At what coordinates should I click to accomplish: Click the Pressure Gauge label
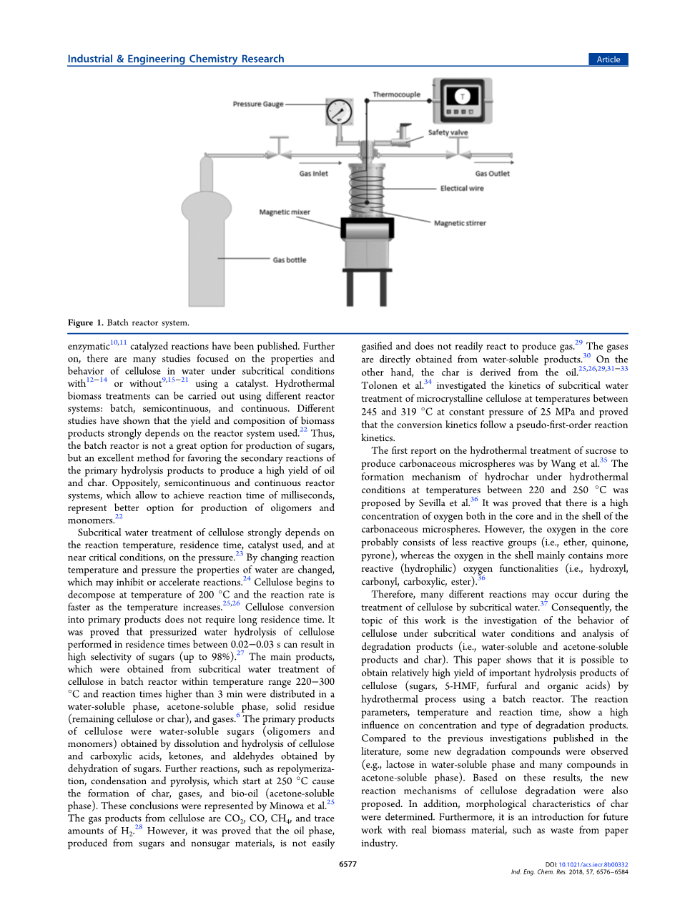coord(258,104)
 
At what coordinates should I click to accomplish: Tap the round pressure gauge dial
coord(340,112)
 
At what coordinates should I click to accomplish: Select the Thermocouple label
coord(396,94)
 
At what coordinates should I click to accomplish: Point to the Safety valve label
coord(448,133)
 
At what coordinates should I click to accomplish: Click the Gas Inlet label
coord(314,174)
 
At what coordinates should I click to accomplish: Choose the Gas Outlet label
coord(493,174)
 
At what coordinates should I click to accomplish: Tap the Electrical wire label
coord(462,189)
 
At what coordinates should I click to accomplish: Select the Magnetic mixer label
coord(285,212)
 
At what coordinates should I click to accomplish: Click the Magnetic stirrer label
coord(460,223)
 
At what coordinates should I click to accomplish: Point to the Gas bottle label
coord(290,260)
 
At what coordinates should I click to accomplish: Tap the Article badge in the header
coord(608,59)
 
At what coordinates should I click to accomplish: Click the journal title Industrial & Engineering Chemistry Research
coord(176,59)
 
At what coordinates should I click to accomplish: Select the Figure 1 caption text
coord(129,322)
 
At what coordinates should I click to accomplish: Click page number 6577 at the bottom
coord(347,864)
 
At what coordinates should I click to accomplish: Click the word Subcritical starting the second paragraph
coord(109,533)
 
